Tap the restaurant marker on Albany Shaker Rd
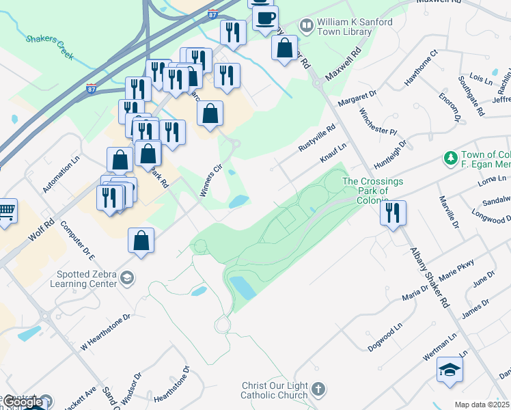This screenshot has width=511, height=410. (393, 212)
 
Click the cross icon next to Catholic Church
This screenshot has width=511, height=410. (318, 390)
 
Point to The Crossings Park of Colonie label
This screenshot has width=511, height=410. (372, 191)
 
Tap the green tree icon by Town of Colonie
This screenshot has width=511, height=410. (450, 159)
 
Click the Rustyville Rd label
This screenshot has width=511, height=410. (318, 139)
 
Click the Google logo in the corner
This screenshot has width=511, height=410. (23, 402)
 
